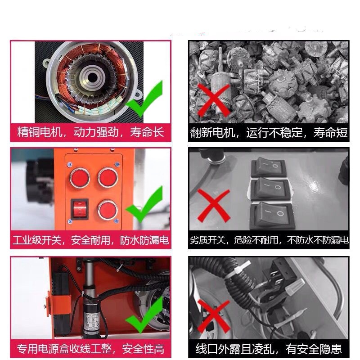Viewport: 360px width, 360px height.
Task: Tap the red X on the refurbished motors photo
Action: (213, 100)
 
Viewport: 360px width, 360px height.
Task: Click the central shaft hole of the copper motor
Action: (93, 77)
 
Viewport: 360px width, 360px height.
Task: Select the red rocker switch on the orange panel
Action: (80, 209)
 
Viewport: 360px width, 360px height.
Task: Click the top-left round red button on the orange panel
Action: (80, 178)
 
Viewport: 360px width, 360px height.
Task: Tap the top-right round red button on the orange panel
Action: (108, 177)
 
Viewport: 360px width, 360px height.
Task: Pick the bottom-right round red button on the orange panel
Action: (108, 210)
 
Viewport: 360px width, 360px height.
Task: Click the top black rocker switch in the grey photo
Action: (269, 167)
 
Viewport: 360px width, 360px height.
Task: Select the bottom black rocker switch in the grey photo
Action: (272, 216)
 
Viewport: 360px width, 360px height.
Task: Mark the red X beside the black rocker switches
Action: (213, 206)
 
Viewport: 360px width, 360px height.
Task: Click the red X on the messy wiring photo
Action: (213, 316)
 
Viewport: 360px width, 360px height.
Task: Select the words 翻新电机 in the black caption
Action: (212, 132)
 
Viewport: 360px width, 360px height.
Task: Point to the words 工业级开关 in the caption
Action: (37, 240)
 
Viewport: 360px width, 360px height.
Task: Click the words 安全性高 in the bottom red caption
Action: (143, 349)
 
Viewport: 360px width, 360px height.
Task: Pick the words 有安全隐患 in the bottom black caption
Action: (314, 349)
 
